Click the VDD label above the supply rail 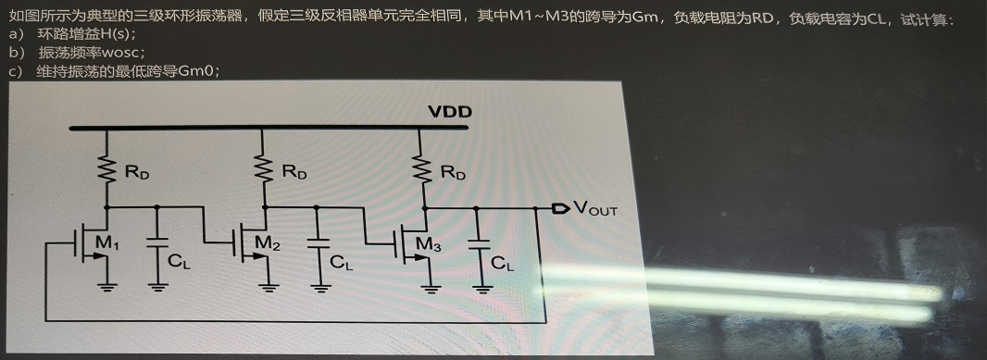(x=449, y=112)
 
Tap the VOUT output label (x=594, y=209)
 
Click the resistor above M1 (x=106, y=169)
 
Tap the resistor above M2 (x=264, y=169)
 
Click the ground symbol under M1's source (x=107, y=288)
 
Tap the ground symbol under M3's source (x=431, y=289)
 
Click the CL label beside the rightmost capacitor (x=502, y=263)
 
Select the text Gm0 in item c (x=196, y=70)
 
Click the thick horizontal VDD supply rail (x=269, y=128)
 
